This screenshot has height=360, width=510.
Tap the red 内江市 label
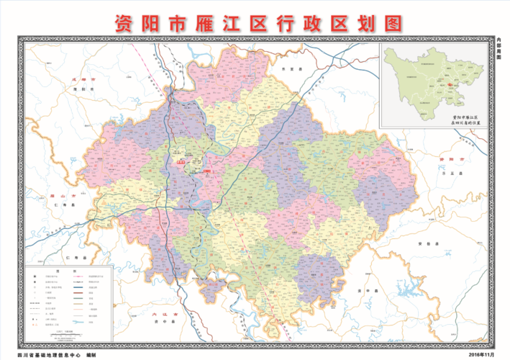(165, 315)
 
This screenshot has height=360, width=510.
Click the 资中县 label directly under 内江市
(165, 323)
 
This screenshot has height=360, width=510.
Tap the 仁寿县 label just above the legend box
(70, 257)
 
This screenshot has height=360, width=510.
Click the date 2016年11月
(484, 355)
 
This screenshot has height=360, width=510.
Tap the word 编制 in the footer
(91, 355)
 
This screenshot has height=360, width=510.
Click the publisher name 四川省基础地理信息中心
(50, 355)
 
